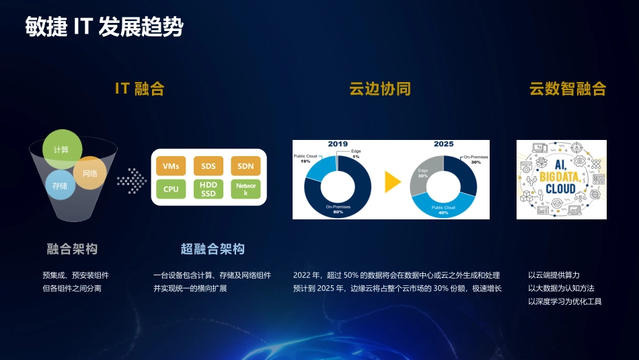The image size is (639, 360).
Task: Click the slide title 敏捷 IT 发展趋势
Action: pos(104,28)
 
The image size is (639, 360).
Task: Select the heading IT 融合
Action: pos(139,89)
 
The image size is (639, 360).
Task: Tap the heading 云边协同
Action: pos(379,89)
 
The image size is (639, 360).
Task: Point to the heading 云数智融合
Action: pos(568,89)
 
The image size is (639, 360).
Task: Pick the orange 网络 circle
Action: pos(90,173)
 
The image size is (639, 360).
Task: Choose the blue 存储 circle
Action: pos(59,185)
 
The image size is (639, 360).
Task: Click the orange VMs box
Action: pos(171,166)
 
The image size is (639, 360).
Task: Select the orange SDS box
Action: pos(209,166)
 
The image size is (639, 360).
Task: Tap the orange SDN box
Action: pos(246,166)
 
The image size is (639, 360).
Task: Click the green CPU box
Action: pos(171,189)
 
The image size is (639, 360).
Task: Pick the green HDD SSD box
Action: pos(209,189)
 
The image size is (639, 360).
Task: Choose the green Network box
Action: pos(246,189)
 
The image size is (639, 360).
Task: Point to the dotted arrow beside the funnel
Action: pos(131,180)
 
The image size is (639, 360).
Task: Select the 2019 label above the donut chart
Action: pos(337,144)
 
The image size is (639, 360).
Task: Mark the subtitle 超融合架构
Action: pos(213,249)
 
